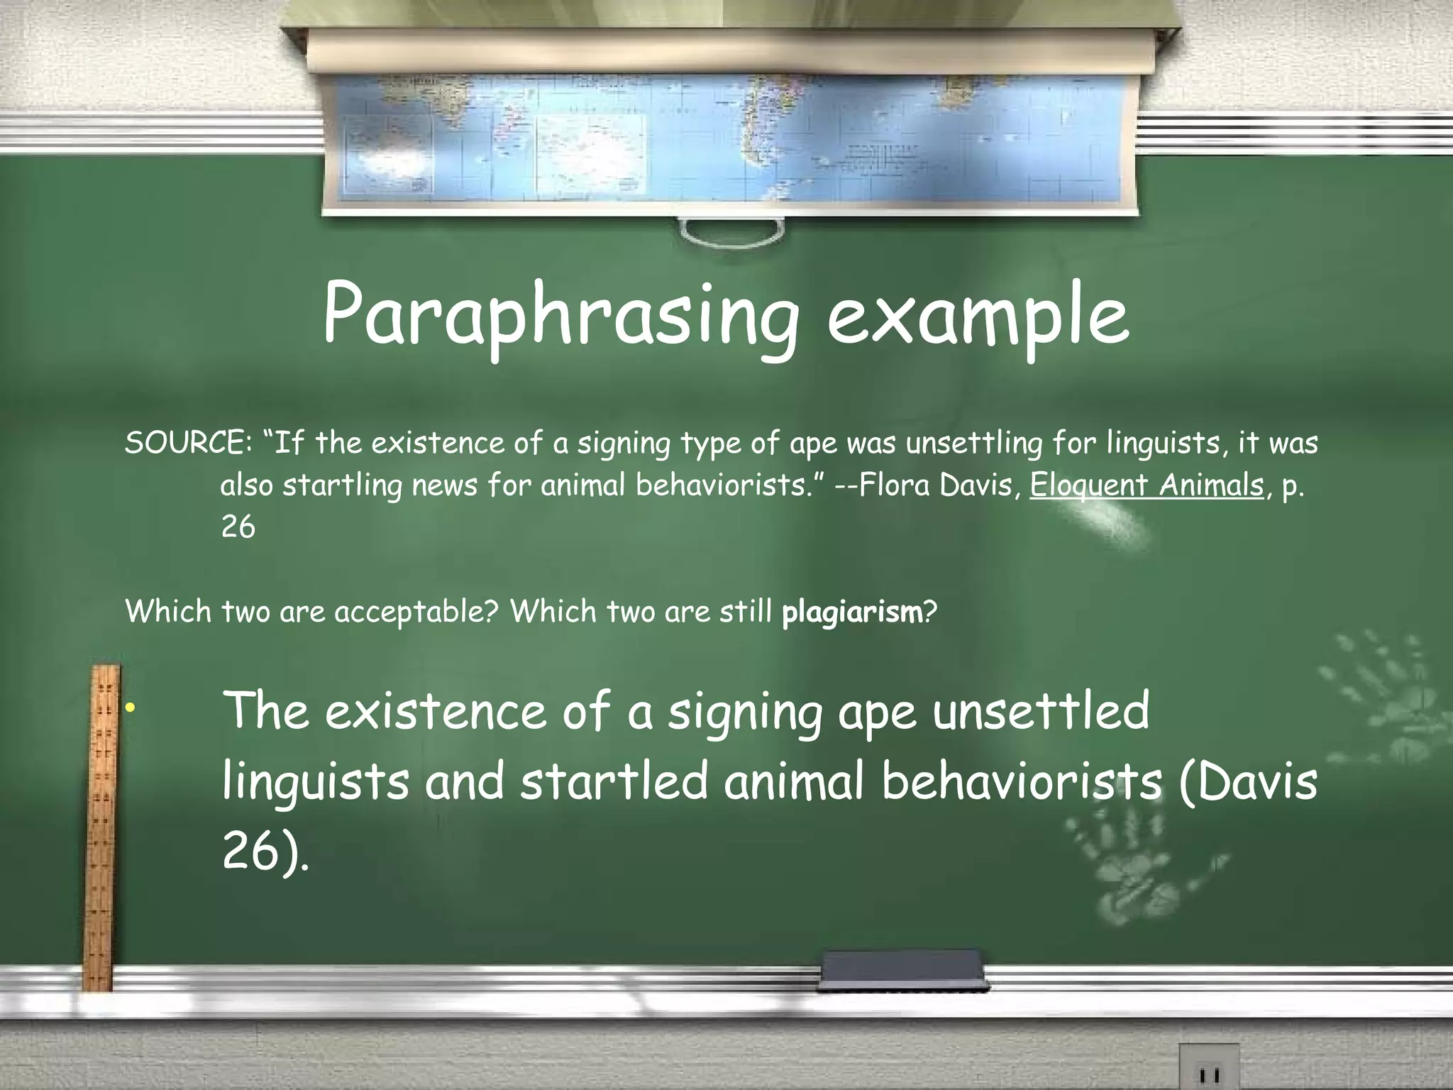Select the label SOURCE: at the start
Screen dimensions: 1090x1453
185,444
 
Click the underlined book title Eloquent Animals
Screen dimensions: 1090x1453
1147,485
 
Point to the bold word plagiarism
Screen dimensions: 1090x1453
851,612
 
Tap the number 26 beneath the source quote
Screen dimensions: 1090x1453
238,527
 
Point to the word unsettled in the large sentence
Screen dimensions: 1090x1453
1041,711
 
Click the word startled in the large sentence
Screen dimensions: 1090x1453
614,781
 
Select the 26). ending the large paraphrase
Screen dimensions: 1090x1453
266,852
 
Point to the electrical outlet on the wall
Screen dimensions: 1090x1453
1208,1068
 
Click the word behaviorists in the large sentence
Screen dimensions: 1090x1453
1022,781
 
